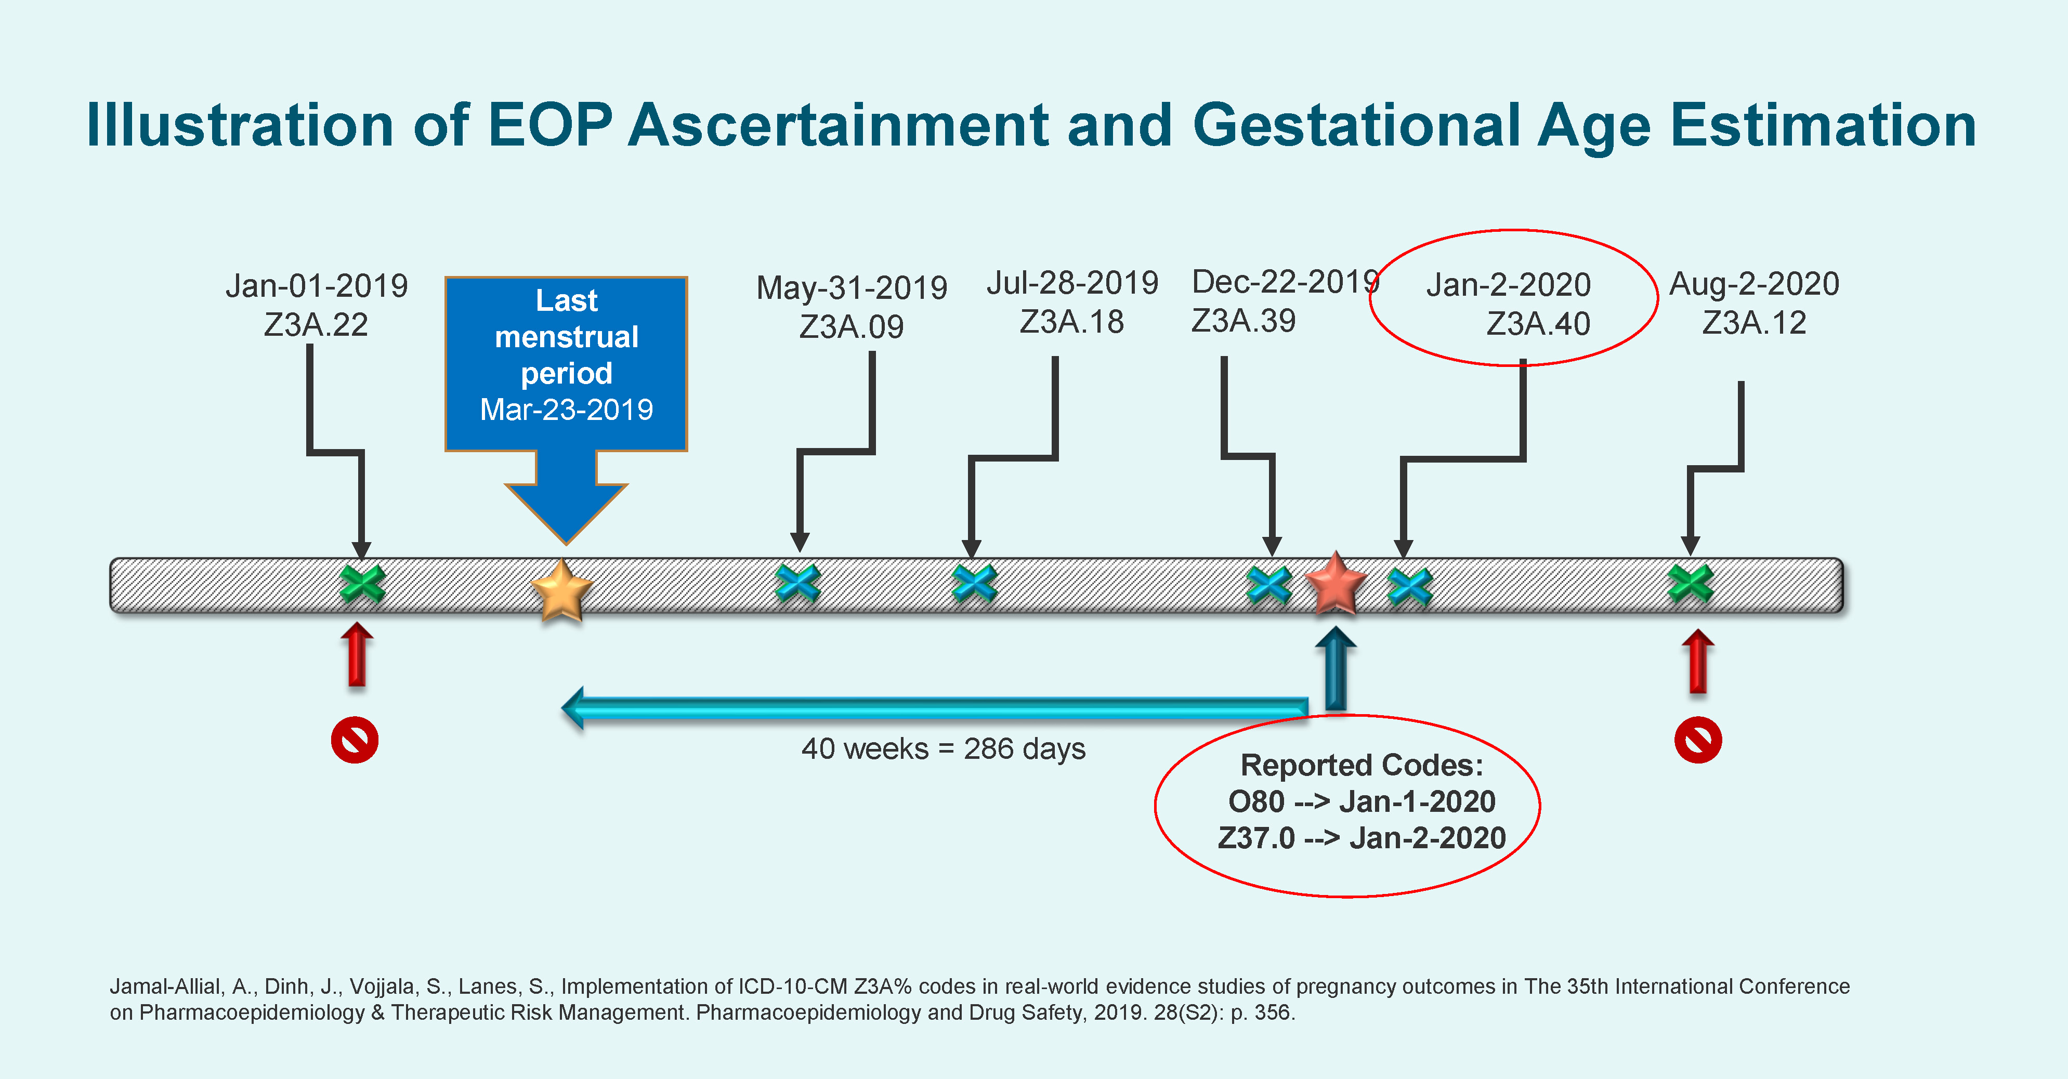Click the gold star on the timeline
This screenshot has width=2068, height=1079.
pyautogui.click(x=562, y=591)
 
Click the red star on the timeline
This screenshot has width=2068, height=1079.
pyautogui.click(x=1335, y=584)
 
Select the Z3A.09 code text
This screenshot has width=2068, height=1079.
pyautogui.click(x=851, y=327)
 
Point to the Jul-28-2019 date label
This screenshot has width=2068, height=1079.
pyautogui.click(x=1072, y=283)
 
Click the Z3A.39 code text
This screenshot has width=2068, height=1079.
pyautogui.click(x=1243, y=321)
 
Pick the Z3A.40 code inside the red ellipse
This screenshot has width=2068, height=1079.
pyautogui.click(x=1538, y=324)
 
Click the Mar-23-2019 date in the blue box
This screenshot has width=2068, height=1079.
pyautogui.click(x=566, y=410)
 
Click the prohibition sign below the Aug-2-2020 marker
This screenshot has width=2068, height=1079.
pyautogui.click(x=1698, y=740)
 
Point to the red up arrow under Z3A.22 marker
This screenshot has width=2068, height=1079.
pyautogui.click(x=357, y=655)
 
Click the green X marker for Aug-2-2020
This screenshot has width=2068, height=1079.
pyautogui.click(x=1690, y=584)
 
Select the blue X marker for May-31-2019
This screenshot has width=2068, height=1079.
pyautogui.click(x=798, y=584)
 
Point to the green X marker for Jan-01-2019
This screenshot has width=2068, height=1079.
pyautogui.click(x=362, y=584)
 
